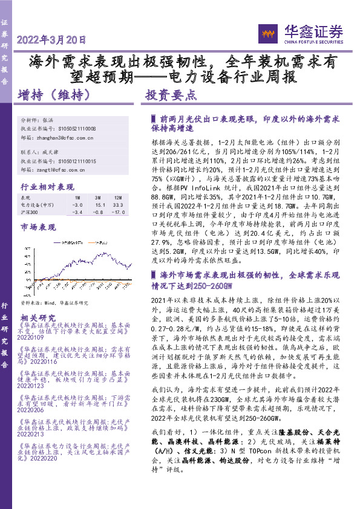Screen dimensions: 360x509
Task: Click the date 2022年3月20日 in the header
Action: [x=52, y=40]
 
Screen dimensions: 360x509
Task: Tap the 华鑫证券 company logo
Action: [x=300, y=33]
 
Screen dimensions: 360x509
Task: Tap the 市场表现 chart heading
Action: [x=38, y=227]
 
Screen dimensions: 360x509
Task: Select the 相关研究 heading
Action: [x=38, y=318]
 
